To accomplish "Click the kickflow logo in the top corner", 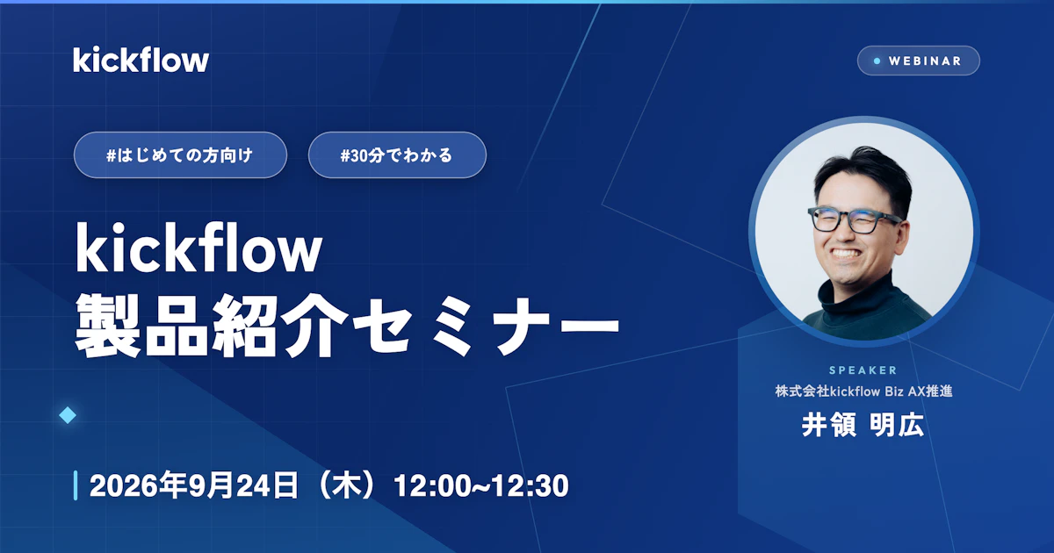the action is [141, 60].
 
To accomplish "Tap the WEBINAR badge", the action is [918, 61].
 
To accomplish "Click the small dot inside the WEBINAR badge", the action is [877, 61].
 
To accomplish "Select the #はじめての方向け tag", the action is [180, 154].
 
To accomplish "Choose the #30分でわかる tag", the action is [397, 154].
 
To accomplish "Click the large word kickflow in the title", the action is [199, 248].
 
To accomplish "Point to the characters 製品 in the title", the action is [141, 325].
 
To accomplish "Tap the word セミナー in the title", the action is [486, 325].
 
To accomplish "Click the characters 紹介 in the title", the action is [280, 325].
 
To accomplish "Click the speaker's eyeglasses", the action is [854, 219].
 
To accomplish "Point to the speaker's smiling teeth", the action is [846, 254].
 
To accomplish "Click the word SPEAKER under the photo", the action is [863, 370].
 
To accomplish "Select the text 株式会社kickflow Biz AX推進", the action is [864, 391].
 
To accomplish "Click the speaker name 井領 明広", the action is [863, 425].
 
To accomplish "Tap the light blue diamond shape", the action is [68, 415].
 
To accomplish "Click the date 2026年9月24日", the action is [194, 485].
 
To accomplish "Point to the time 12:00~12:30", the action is [481, 485].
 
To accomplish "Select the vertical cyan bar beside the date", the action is [76, 485].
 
